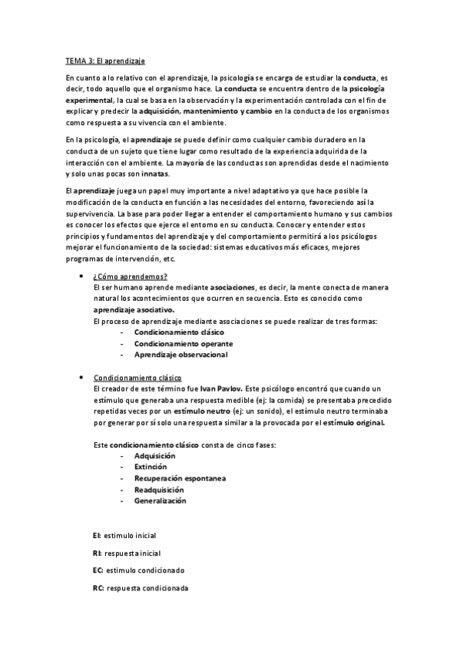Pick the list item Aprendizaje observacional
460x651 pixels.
tap(180, 355)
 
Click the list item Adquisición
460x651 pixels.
tap(155, 455)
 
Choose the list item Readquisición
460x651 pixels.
tap(159, 489)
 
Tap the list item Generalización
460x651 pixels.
tap(161, 501)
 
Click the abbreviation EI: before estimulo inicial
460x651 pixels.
tap(96, 535)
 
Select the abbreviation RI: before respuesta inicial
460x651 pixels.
tap(96, 553)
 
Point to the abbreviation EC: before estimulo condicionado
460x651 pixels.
tap(98, 570)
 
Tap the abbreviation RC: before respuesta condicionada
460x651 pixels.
tap(98, 588)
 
